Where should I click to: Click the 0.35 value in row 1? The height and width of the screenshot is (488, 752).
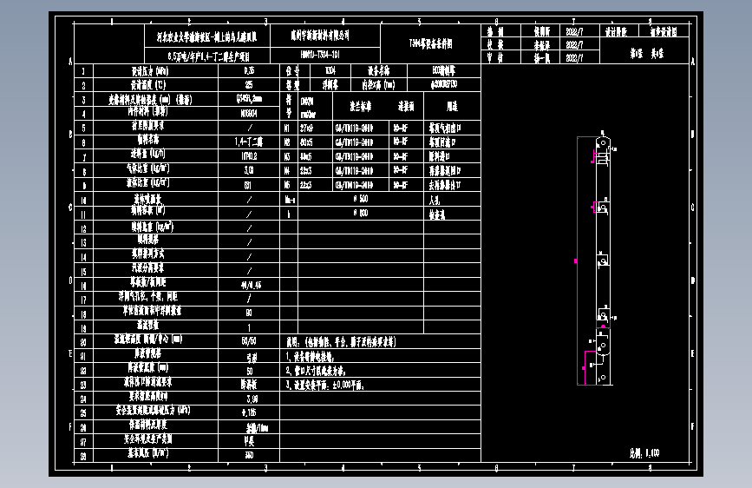click(x=250, y=70)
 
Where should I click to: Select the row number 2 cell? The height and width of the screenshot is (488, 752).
click(x=84, y=85)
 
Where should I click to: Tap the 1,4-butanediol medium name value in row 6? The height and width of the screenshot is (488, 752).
click(x=250, y=142)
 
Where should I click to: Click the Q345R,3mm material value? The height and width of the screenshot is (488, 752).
click(x=250, y=99)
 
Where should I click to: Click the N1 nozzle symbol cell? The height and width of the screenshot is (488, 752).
click(x=287, y=128)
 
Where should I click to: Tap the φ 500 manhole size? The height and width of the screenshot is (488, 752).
click(x=362, y=199)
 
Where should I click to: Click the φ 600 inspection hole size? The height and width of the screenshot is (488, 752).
click(x=362, y=213)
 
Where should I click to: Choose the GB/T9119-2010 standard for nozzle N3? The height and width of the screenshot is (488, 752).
click(x=354, y=156)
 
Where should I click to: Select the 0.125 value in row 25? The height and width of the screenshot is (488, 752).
click(x=250, y=412)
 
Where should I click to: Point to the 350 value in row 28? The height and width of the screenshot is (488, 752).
click(x=250, y=454)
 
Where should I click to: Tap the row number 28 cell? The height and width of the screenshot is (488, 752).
click(x=84, y=454)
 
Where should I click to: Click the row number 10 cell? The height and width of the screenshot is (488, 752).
click(x=84, y=199)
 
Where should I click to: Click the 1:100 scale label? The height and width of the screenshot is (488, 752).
click(x=644, y=452)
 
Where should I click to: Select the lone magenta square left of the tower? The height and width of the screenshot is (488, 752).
click(x=575, y=260)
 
